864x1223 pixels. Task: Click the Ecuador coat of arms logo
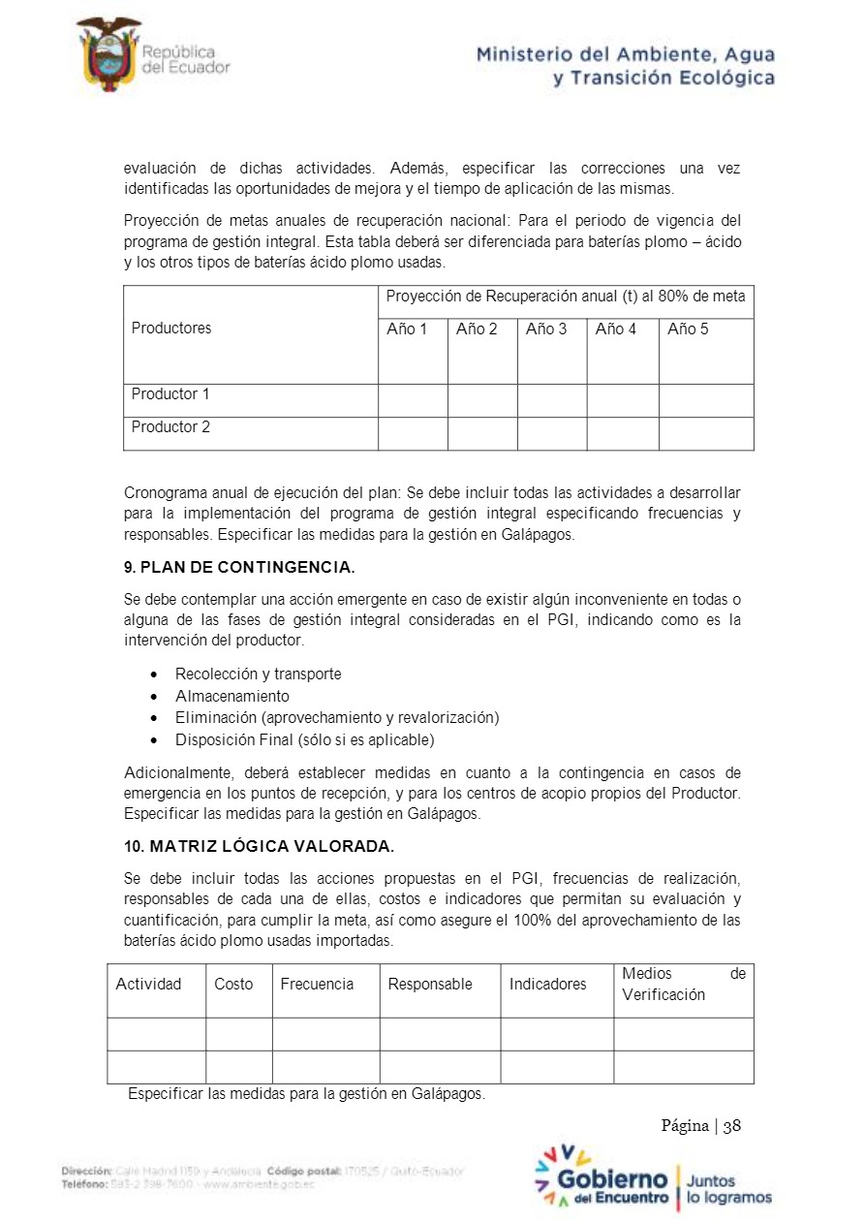click(x=108, y=54)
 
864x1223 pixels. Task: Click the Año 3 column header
click(x=546, y=329)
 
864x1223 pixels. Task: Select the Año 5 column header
click(x=688, y=329)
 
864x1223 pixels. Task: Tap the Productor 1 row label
click(x=170, y=394)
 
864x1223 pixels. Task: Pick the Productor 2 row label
click(x=170, y=427)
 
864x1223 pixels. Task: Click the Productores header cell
click(x=171, y=329)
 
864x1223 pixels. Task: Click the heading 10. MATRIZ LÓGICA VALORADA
click(x=259, y=846)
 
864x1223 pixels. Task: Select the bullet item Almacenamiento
click(x=231, y=696)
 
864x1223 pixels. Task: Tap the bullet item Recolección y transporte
click(x=258, y=674)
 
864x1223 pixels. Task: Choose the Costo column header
click(x=233, y=985)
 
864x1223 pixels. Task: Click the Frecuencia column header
click(x=317, y=985)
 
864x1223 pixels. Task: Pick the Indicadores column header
click(x=548, y=985)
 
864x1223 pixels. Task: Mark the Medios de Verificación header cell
click(x=683, y=985)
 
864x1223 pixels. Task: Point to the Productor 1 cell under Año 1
click(x=413, y=400)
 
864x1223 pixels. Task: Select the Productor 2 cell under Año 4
click(x=622, y=433)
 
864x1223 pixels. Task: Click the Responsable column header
click(x=430, y=985)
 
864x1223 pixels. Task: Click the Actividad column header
click(x=148, y=985)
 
